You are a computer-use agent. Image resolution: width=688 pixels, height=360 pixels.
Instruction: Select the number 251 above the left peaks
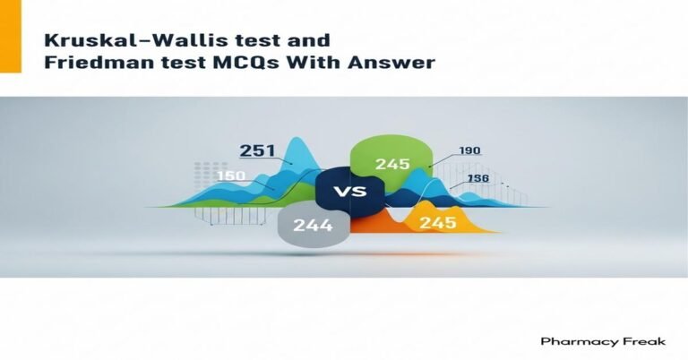pos(258,150)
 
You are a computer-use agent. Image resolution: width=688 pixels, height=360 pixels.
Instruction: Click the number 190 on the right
pos(471,150)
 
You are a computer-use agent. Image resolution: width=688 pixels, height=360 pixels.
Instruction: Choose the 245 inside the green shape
pos(392,163)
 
